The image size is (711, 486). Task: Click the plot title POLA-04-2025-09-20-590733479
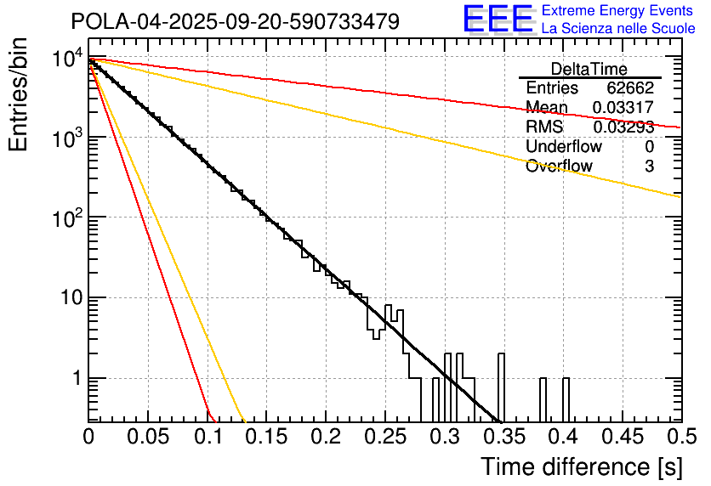click(x=235, y=22)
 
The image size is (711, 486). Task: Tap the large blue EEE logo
click(x=498, y=20)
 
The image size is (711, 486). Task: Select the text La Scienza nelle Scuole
click(x=618, y=28)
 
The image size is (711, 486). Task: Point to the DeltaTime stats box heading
click(x=589, y=69)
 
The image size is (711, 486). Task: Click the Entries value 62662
click(x=630, y=88)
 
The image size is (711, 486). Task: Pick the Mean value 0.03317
click(x=623, y=107)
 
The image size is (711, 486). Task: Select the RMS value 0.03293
click(x=623, y=127)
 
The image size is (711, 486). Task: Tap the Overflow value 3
click(x=649, y=167)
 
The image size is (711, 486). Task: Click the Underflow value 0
click(x=649, y=146)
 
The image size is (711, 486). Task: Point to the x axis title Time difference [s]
click(x=582, y=466)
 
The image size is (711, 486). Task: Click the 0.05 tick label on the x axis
click(x=148, y=437)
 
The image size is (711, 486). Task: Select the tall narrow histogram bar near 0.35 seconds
click(x=500, y=387)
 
